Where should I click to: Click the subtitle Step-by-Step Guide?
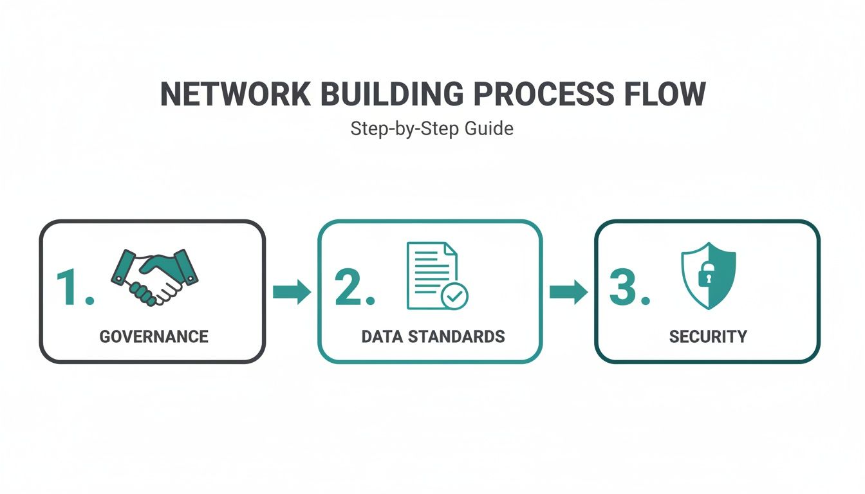pyautogui.click(x=432, y=129)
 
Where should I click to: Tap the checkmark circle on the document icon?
pyautogui.click(x=455, y=296)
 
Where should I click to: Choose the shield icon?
pyautogui.click(x=709, y=275)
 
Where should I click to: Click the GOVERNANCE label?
pyautogui.click(x=154, y=336)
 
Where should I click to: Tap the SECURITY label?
pyautogui.click(x=708, y=336)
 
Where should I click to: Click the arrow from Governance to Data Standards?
pyautogui.click(x=292, y=292)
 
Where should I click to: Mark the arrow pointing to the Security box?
pyautogui.click(x=568, y=292)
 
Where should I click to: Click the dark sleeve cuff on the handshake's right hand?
pyautogui.click(x=186, y=264)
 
